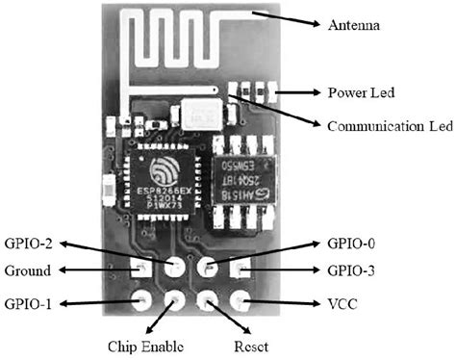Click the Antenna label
355,25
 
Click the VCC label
342,303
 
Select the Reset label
253,346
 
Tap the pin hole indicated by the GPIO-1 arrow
140,302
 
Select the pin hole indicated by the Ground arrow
140,270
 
